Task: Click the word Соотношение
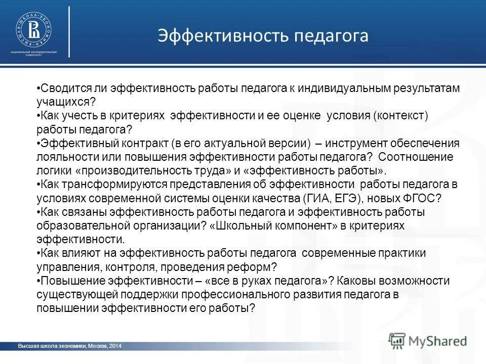[416, 157]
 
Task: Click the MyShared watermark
[428, 340]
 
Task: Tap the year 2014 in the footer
[114, 346]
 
